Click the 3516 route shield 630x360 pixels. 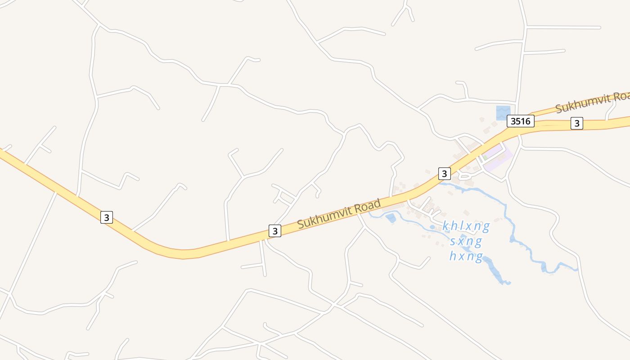pos(520,121)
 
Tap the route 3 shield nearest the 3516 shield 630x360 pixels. pos(577,123)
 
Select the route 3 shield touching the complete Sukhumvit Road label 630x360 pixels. pos(274,231)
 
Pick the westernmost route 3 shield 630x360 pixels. pos(106,217)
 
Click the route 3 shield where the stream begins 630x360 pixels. pos(444,173)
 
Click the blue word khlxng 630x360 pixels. pos(465,226)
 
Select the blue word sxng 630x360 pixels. pos(466,242)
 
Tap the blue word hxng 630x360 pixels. pos(466,257)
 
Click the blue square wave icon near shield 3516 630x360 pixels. pos(503,112)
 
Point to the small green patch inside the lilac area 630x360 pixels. pos(485,157)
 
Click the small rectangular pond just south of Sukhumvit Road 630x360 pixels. pos(391,218)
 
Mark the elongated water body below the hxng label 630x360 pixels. pos(495,270)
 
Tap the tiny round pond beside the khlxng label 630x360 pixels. pos(432,227)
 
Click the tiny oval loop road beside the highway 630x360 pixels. pos(464,176)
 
